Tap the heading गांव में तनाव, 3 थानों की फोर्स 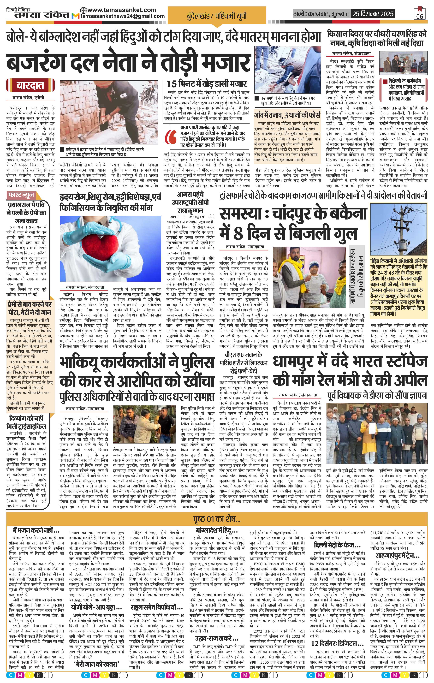pos(287,116)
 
